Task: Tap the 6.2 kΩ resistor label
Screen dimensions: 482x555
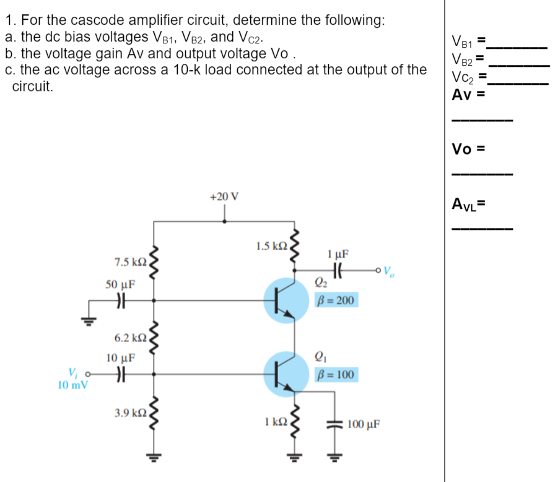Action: click(x=130, y=338)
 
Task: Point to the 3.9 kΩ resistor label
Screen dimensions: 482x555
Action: click(x=129, y=412)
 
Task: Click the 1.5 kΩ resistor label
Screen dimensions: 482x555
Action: click(x=271, y=246)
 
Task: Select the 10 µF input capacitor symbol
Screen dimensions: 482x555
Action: click(x=122, y=374)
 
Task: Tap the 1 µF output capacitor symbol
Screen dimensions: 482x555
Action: click(x=338, y=270)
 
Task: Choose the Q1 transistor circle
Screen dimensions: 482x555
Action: click(x=286, y=374)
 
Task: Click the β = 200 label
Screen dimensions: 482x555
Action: click(x=335, y=301)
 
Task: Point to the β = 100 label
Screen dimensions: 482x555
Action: click(x=335, y=375)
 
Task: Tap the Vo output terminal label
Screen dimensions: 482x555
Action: click(x=388, y=271)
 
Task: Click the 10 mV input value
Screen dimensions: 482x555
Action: click(x=72, y=385)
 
